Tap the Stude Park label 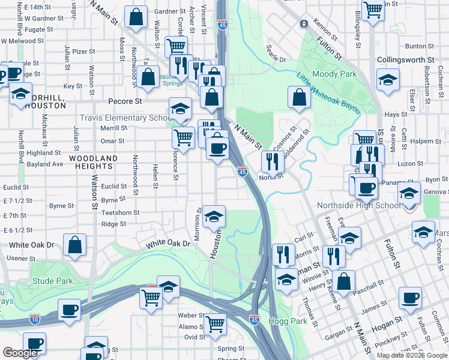click(53, 281)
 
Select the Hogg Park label click(288, 322)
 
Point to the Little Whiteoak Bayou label click(328, 93)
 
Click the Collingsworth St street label click(406, 60)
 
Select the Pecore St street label click(125, 101)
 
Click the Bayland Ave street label click(45, 164)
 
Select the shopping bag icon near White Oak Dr click(75, 245)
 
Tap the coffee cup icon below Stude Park click(70, 310)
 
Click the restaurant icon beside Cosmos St click(272, 160)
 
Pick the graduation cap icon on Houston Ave click(213, 217)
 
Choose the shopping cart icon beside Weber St click(215, 324)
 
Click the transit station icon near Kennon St click(304, 23)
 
